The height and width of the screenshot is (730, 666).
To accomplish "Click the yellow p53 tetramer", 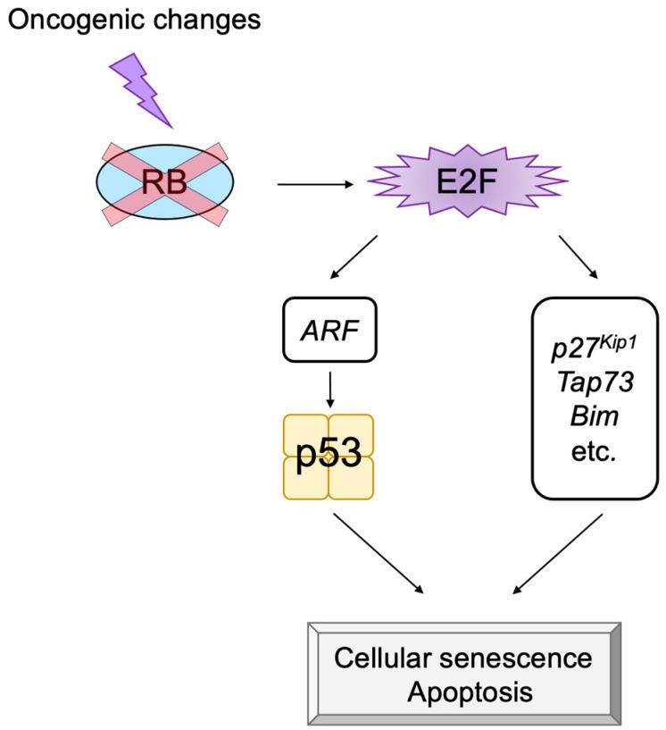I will coord(328,457).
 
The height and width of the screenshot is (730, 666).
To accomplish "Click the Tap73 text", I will coord(593,382).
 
